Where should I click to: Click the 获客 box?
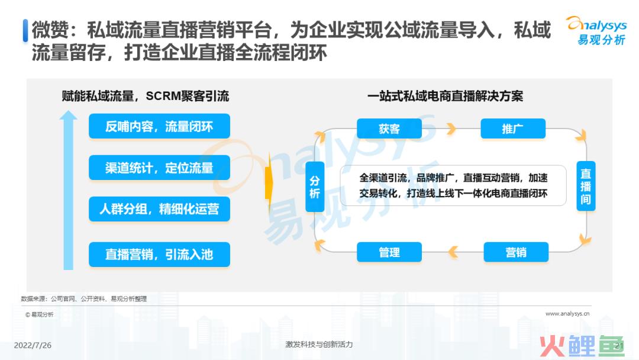389,129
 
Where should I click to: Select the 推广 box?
513,129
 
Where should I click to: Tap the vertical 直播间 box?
586,187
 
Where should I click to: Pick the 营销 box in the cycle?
516,252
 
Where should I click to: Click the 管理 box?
389,252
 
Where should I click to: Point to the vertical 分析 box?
315,187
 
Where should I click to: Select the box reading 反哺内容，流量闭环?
159,126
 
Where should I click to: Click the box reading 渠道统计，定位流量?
159,168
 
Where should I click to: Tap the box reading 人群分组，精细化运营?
159,209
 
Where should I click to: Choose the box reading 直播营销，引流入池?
159,255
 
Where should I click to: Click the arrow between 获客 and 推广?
451,129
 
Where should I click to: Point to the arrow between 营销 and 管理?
453,252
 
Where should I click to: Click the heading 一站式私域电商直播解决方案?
445,97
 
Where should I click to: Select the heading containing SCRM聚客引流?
146,97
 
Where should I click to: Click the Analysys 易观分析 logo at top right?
597,31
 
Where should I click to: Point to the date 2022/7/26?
33,345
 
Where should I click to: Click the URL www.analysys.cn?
567,314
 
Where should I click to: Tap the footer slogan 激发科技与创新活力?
319,345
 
